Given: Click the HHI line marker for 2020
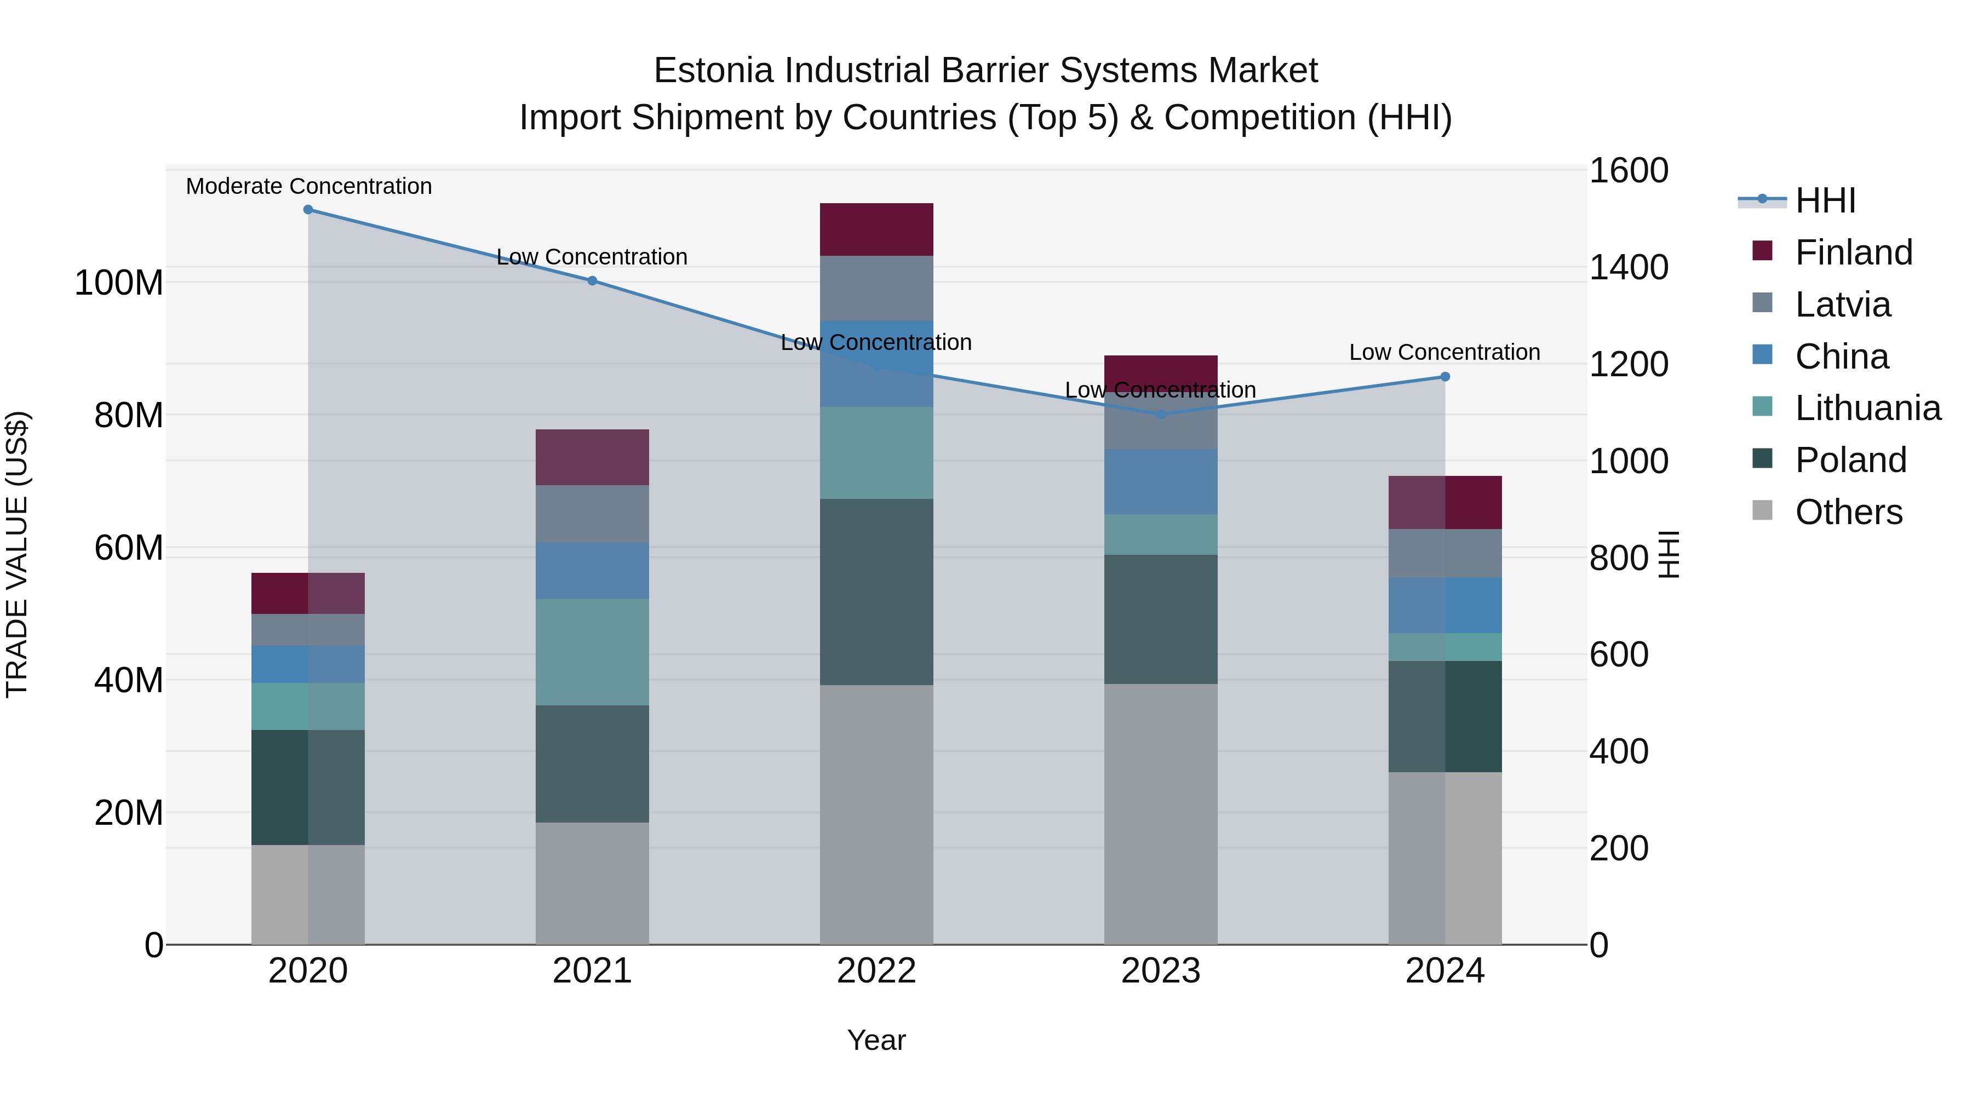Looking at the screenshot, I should [308, 210].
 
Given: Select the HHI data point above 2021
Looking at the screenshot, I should [592, 281].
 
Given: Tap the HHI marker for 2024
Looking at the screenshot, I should [1444, 377].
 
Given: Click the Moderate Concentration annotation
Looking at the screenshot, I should [308, 187].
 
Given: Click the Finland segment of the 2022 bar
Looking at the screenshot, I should [876, 229].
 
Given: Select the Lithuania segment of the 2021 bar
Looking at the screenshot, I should [592, 652].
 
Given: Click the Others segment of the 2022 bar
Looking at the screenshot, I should [876, 814].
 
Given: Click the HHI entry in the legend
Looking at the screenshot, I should [1825, 200].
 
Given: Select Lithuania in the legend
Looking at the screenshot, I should [1867, 408].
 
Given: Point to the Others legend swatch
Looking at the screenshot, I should [1762, 510].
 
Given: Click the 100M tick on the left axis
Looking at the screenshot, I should [119, 283].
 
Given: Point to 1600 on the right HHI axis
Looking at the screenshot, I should [1629, 171].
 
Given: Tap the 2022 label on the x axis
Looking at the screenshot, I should [876, 971].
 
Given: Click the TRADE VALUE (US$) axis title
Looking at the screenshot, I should [17, 554].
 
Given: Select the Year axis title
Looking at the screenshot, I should [876, 1040].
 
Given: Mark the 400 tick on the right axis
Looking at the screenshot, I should [1618, 751].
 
